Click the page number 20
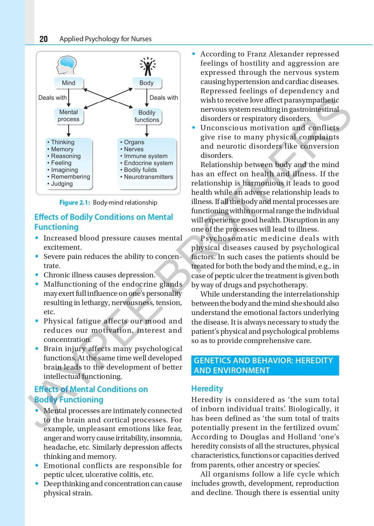44,39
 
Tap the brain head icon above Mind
66,66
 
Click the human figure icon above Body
148,66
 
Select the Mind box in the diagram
69,83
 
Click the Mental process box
69,116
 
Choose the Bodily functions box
147,116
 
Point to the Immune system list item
145,156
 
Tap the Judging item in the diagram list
62,184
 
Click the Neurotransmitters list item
148,177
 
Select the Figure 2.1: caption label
75,203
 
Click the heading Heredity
207,388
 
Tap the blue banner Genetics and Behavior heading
265,366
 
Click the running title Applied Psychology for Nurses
105,39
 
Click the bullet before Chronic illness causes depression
37,275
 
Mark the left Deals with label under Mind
52,98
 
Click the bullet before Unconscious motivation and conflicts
194,128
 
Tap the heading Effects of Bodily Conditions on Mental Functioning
103,222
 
